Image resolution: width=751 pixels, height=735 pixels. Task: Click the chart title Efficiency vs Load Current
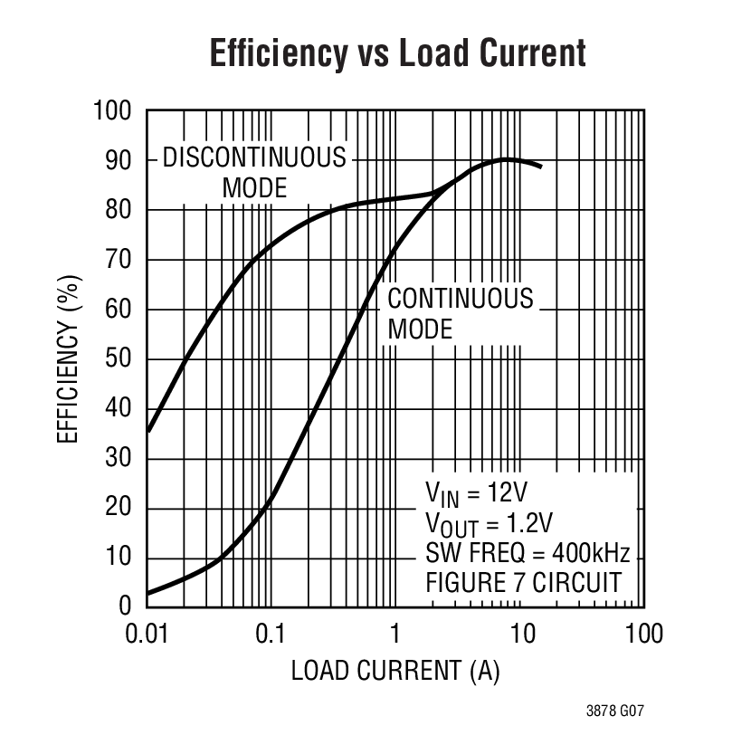point(397,53)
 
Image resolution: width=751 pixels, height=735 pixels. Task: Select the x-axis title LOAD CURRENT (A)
point(395,671)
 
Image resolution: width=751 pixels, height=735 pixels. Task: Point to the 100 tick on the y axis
point(112,111)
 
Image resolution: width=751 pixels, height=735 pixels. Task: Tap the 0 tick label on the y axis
point(126,606)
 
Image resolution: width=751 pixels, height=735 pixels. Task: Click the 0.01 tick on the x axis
point(147,633)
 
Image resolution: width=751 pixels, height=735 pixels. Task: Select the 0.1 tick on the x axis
point(271,633)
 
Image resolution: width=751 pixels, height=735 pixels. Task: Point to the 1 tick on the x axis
point(395,633)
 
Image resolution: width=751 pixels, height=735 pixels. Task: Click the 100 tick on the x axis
point(643,633)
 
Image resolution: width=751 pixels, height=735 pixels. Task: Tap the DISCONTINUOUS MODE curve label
point(254,172)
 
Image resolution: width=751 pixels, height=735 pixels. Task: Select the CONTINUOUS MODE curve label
point(460,313)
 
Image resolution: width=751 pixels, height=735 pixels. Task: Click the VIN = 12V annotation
point(476,492)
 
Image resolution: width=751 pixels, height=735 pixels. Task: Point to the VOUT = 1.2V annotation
point(490,523)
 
